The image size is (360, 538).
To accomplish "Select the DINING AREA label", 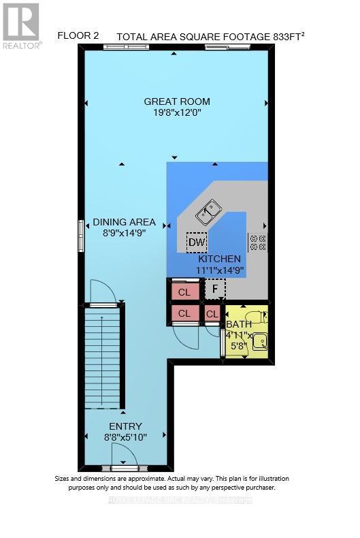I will (x=124, y=222).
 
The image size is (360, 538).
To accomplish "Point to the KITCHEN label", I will (x=219, y=259).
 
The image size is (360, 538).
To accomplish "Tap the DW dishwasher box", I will (x=197, y=242).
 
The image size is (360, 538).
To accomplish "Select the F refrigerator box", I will (x=215, y=289).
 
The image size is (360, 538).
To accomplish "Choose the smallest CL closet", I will (x=213, y=313).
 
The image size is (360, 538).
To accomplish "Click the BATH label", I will (x=238, y=324).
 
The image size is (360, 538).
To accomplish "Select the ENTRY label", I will (x=125, y=426).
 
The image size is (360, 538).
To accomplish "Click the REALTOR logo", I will (x=21, y=25).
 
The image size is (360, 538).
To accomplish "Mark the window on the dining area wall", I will (x=80, y=234).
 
